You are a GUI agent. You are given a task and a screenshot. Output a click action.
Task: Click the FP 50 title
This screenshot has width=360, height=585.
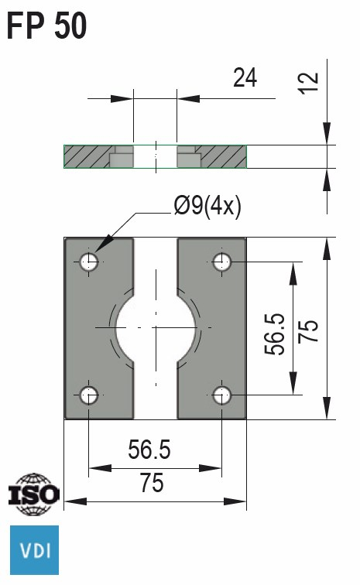pos(46,25)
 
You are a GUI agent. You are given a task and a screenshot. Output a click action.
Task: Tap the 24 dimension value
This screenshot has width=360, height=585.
pos(245,77)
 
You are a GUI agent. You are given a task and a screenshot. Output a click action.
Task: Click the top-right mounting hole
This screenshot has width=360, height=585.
pos(223,262)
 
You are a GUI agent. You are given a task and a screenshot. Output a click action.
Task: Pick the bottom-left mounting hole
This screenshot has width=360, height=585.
pos(90,395)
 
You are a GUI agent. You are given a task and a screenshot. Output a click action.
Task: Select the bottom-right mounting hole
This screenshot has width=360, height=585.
pos(223,395)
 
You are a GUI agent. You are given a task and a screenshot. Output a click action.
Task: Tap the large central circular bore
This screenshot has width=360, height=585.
pos(156,328)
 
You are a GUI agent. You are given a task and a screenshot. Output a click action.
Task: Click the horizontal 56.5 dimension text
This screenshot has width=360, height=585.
pos(149,450)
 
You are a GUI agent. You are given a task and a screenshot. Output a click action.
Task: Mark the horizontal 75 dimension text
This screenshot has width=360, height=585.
pos(152,484)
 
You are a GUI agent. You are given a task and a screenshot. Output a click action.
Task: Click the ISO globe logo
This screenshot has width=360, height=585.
pos(33,493)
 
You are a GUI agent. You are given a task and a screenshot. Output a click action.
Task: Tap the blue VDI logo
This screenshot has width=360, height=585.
pos(33,550)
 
